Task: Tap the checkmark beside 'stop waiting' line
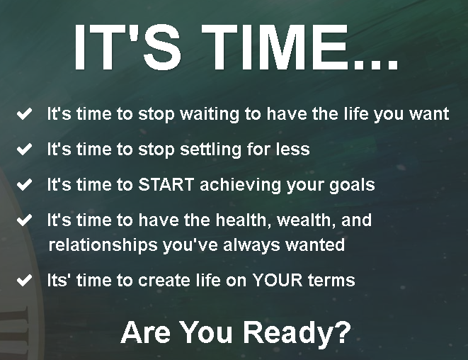[25, 114]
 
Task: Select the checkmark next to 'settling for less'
[25, 149]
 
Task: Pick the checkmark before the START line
[25, 184]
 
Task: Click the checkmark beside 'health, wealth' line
[25, 220]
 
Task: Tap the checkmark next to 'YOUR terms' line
[25, 280]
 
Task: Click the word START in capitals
[166, 184]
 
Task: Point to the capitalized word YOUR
[278, 280]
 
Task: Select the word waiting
[210, 114]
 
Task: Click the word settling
[210, 150]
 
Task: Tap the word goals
[352, 185]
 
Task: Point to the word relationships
[103, 246]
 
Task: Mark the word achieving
[240, 185]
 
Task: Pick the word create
[164, 281]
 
